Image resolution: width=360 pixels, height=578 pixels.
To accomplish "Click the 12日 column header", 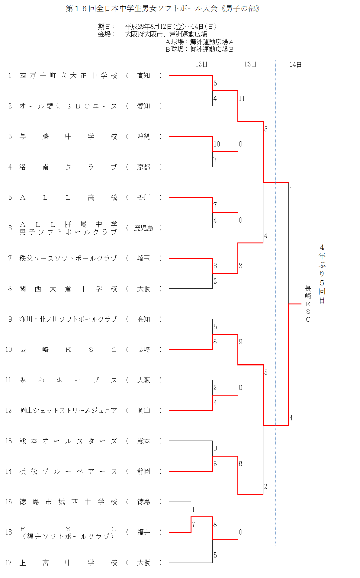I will (201, 64).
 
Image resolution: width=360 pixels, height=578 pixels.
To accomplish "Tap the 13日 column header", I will (250, 64).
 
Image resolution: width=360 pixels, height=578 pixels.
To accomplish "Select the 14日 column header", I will (295, 64).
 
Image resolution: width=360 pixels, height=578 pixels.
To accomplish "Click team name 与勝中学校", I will (68, 136).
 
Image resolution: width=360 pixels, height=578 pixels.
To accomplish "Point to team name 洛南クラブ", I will (68, 167).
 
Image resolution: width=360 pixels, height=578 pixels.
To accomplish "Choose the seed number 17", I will (8, 563).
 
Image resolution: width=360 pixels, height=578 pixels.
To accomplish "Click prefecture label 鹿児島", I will (143, 228).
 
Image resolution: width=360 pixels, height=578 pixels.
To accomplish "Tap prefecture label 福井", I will (143, 532).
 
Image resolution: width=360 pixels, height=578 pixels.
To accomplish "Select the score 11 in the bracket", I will (242, 99).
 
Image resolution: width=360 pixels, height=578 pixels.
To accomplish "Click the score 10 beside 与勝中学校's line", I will (217, 144).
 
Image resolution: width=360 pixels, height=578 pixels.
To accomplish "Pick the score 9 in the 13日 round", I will (240, 342).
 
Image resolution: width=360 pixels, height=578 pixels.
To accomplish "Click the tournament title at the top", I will (162, 8).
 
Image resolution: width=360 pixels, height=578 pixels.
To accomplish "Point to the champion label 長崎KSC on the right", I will (308, 304).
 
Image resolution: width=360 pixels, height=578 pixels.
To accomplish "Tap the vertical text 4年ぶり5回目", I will (322, 274).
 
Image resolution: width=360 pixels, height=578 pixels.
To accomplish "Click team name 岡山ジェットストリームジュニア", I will (68, 411).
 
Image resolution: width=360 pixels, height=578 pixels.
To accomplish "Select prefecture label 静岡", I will (143, 471).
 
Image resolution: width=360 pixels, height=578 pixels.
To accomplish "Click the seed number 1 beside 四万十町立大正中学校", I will (10, 76).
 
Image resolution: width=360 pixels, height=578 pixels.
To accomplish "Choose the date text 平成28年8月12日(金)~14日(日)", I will (171, 26).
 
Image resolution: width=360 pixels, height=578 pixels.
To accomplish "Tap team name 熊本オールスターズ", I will (68, 441).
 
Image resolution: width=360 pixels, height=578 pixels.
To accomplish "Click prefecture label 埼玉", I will (143, 258).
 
